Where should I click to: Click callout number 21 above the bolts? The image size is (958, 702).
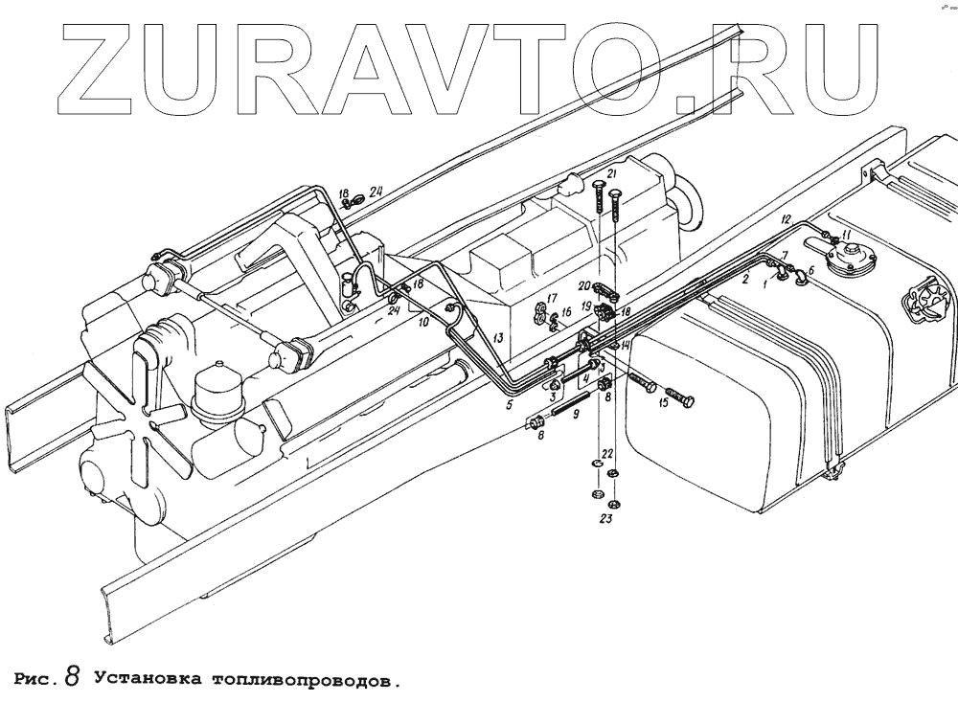tap(610, 174)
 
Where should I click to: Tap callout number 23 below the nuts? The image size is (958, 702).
tap(604, 519)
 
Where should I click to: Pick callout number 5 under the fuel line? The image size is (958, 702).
tap(509, 405)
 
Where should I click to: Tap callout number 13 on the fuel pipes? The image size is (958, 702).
tap(498, 339)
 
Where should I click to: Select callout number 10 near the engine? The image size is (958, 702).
tap(423, 324)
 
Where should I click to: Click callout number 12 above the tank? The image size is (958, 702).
tap(785, 220)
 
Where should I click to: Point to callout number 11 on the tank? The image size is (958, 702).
tap(845, 234)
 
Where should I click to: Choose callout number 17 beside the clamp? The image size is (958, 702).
tap(551, 298)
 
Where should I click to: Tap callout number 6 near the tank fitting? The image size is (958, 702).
tap(810, 271)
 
